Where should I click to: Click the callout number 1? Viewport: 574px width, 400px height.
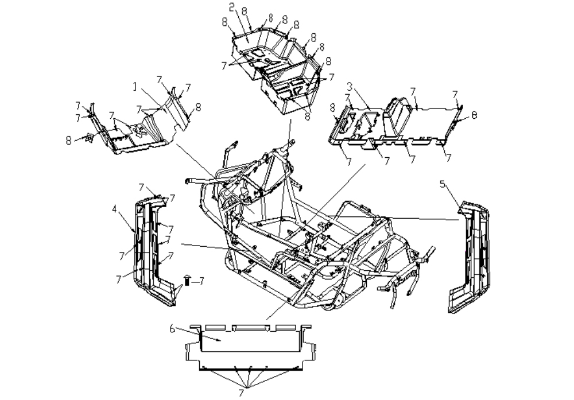coord(135,87)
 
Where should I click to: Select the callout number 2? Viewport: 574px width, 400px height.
coord(231,7)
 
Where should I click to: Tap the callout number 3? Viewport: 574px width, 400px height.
coord(350,87)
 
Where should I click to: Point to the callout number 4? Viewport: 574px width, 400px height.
coord(115,209)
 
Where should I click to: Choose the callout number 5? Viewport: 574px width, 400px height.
coord(443,184)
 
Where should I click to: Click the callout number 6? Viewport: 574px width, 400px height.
coord(172,329)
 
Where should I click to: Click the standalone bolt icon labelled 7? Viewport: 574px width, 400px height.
coord(187,279)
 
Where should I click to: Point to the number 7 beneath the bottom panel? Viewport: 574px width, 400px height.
coord(241,393)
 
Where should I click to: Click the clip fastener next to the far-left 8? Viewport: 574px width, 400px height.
coord(89,137)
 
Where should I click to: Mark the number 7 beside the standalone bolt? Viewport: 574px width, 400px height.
coord(200,281)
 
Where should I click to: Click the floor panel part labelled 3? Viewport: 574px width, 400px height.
coord(395,123)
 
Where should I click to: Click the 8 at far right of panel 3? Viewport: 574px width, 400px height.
coord(475,115)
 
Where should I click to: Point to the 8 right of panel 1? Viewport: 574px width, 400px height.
coord(198,107)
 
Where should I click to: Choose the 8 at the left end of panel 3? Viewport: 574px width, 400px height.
coord(332,107)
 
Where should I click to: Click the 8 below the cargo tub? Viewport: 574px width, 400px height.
coord(307,116)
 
